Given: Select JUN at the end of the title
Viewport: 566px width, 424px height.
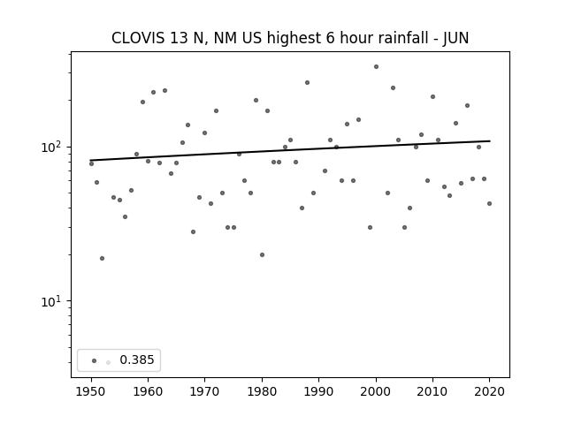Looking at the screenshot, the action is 456,38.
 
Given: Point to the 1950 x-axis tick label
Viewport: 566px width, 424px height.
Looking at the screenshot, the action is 91,391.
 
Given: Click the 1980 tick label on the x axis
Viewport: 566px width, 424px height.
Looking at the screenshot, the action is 262,391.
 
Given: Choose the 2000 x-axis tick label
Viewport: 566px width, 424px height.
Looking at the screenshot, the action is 376,391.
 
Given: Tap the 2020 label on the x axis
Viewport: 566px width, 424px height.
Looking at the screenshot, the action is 489,391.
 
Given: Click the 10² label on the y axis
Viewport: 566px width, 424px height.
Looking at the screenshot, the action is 51,147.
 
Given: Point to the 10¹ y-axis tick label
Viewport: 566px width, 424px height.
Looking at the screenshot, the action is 51,300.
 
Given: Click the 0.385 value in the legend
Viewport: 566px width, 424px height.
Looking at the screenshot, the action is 137,360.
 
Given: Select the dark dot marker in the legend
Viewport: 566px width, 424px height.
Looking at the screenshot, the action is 95,360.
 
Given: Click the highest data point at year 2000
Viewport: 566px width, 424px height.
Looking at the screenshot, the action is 376,67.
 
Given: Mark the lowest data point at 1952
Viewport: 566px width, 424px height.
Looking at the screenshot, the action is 103,259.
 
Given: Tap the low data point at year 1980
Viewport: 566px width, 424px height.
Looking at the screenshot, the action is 262,255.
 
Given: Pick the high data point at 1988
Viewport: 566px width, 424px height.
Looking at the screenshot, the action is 307,82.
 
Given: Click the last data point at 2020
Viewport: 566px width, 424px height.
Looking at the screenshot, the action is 489,204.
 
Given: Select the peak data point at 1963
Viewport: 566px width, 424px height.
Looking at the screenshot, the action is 165,90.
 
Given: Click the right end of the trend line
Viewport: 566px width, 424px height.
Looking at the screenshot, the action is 490,141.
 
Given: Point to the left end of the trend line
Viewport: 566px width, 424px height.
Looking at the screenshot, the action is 90,160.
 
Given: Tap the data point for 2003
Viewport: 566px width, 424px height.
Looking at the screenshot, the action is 393,88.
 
